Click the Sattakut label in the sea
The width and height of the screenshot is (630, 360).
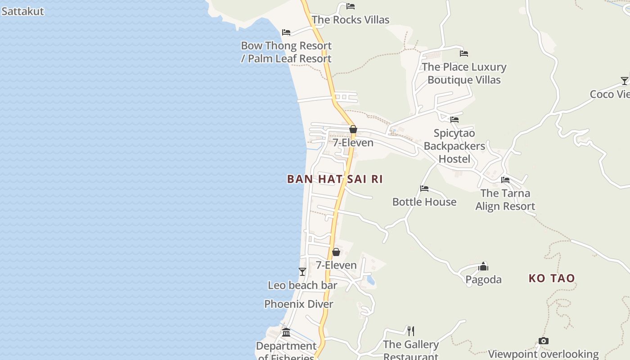point(22,11)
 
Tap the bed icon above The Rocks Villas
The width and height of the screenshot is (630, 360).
point(351,6)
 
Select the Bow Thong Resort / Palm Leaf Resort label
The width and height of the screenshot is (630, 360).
point(286,52)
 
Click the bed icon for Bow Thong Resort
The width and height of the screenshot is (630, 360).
point(286,32)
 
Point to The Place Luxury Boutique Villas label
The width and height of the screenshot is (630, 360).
point(464,73)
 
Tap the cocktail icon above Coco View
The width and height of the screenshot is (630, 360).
point(624,81)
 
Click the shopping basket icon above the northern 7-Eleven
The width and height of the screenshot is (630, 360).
point(353,130)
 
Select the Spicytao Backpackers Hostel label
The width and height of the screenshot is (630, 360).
point(454,146)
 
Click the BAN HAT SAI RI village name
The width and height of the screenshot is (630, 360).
point(335,179)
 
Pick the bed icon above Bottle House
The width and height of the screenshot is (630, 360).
point(424,189)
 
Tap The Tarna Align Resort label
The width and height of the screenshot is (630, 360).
point(505,200)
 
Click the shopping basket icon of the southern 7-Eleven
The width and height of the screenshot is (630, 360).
point(336,252)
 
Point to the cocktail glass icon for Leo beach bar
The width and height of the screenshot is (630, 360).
point(302,272)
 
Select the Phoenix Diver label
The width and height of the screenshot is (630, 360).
point(299,304)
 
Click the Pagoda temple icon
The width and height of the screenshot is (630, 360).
point(483,266)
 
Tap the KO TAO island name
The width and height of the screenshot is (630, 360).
point(552,278)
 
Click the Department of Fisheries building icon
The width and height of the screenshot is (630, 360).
point(286,333)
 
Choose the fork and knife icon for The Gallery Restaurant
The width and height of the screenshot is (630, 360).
point(410,331)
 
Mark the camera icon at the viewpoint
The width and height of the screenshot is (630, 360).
point(544,341)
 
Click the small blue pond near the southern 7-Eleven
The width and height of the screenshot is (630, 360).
point(370,281)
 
